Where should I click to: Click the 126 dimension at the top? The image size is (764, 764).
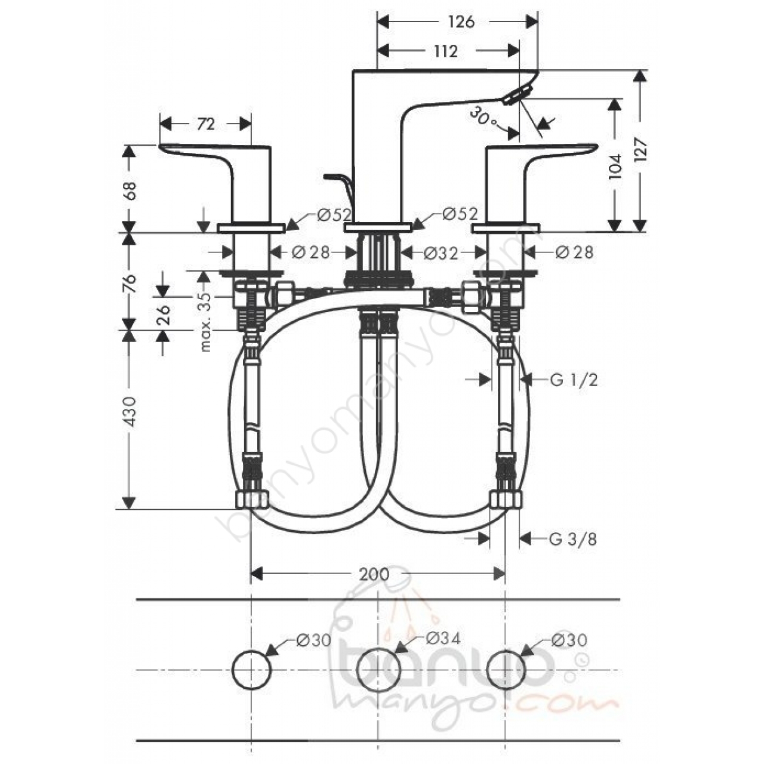[x=461, y=22]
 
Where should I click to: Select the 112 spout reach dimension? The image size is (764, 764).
[x=446, y=51]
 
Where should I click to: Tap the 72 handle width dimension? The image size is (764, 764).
[x=206, y=124]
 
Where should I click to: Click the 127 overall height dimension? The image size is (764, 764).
[x=640, y=149]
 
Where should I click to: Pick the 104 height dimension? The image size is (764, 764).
[x=615, y=166]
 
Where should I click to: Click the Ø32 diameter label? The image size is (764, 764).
[x=441, y=253]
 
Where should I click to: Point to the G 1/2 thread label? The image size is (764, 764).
[x=574, y=380]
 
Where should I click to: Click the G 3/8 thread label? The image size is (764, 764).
[x=573, y=539]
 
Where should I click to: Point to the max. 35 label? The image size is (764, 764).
[x=206, y=322]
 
